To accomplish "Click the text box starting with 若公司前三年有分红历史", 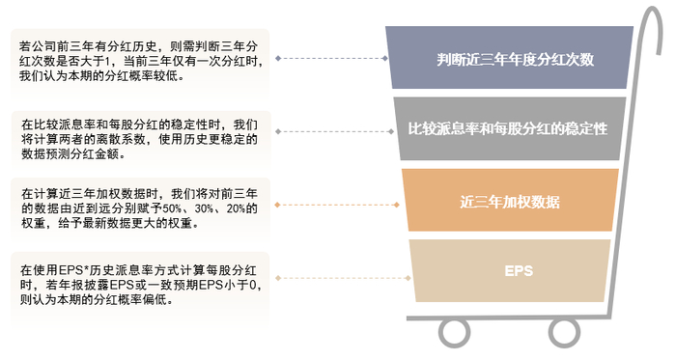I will pyautogui.click(x=140, y=61).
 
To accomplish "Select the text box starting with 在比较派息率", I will pyautogui.click(x=140, y=139).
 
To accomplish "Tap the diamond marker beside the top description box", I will pyautogui.click(x=277, y=58).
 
